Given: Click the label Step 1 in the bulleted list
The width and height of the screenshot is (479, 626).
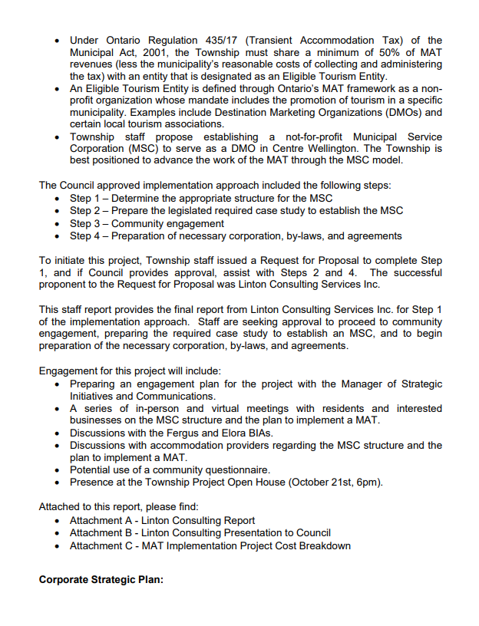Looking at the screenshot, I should (x=88, y=199).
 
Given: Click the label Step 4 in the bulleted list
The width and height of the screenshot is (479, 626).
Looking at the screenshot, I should (x=88, y=236).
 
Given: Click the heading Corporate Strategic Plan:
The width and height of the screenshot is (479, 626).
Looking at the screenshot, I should (x=101, y=579).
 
